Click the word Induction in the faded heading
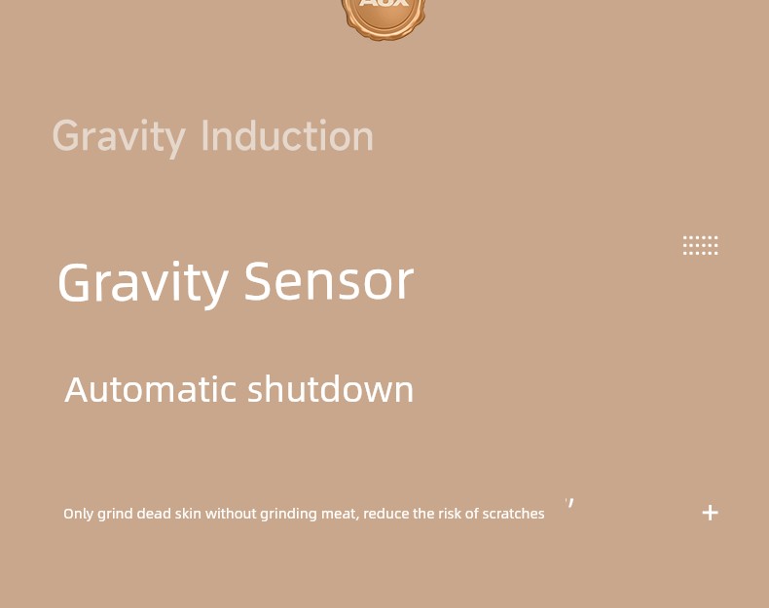click(287, 136)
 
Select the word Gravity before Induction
click(119, 138)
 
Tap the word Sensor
click(329, 281)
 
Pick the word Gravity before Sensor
click(143, 284)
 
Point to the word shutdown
click(331, 389)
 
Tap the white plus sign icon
click(711, 513)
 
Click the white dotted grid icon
click(700, 245)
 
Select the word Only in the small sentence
click(79, 514)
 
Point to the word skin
click(188, 514)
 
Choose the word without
click(231, 514)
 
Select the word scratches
click(514, 514)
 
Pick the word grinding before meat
click(288, 515)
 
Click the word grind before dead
click(115, 515)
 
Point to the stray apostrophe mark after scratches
click(569, 503)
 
